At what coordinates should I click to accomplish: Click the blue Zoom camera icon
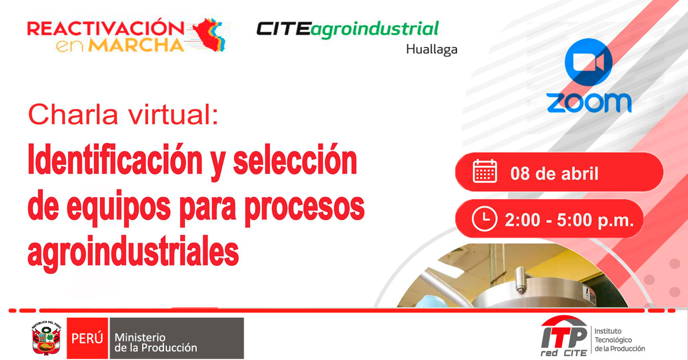tap(588, 62)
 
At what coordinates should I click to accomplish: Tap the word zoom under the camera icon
tap(589, 103)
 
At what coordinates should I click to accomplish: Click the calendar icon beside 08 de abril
tap(484, 171)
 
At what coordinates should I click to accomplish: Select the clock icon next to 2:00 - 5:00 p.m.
tap(484, 219)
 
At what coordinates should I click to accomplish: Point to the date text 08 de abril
tap(554, 174)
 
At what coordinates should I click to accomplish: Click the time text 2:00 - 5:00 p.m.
tap(569, 220)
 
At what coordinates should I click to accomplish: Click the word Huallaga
tap(432, 49)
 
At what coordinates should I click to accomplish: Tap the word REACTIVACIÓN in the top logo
tap(105, 28)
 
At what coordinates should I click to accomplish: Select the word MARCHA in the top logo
tap(136, 45)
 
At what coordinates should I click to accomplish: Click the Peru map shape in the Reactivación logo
tap(210, 34)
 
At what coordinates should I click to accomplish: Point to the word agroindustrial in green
tap(374, 29)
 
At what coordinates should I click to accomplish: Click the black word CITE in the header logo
tap(283, 29)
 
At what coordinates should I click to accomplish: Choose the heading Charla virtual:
tap(123, 114)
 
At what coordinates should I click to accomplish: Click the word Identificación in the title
tap(115, 161)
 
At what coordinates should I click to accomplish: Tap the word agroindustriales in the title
tap(133, 252)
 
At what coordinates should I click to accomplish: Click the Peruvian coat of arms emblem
tap(46, 338)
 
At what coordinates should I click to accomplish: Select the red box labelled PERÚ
tap(87, 338)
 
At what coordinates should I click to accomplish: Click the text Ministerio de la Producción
tap(156, 342)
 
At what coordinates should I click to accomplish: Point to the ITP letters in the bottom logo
tap(564, 337)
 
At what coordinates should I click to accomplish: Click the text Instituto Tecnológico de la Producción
tap(620, 340)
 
